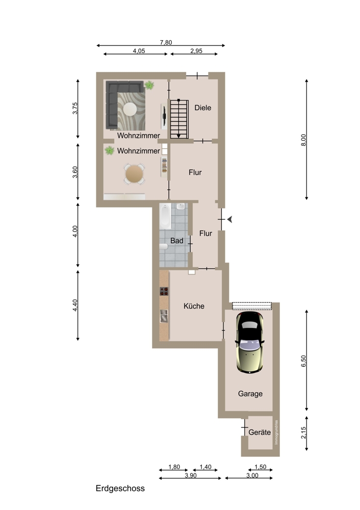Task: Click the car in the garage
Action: click(x=249, y=342)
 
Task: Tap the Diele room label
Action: click(x=203, y=108)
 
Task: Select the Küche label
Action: click(x=194, y=306)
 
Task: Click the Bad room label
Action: click(x=177, y=241)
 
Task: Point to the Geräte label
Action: click(x=260, y=432)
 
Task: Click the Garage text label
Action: click(x=250, y=394)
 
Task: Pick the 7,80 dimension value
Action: click(x=166, y=42)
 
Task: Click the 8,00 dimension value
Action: click(x=303, y=140)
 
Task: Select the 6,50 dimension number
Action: click(x=303, y=361)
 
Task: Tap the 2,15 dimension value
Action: click(x=303, y=432)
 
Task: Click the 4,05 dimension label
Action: click(x=139, y=50)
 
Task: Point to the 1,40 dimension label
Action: click(x=205, y=467)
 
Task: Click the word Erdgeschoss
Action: click(x=120, y=489)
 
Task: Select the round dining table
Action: click(x=134, y=174)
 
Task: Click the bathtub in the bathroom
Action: click(x=165, y=216)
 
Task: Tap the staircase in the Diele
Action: click(x=179, y=119)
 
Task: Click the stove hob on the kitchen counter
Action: click(x=164, y=291)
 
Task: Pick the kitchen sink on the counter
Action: click(x=164, y=316)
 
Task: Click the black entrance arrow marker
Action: click(x=229, y=219)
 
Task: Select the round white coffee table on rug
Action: click(x=130, y=109)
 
